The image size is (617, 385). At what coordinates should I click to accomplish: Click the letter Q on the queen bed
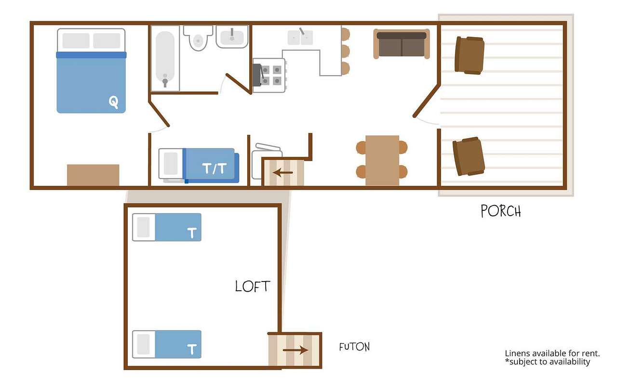coord(113,103)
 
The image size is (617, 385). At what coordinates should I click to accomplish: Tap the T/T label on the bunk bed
coord(215,168)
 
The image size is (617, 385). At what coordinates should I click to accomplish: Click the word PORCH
coord(501,211)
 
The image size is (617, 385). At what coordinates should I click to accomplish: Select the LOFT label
coord(253,286)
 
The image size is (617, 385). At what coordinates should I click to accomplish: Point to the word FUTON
coord(354,347)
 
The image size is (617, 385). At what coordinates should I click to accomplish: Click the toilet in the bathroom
coord(198,38)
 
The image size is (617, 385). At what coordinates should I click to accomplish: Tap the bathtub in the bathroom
coord(165,59)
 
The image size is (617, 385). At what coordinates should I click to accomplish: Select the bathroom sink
coord(232,37)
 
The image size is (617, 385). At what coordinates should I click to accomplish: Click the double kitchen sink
coord(300,38)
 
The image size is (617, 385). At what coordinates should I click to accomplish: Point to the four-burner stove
coord(269,76)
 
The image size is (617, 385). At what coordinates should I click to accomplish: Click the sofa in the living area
coord(402,44)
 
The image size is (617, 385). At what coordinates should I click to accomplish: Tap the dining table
coord(382,160)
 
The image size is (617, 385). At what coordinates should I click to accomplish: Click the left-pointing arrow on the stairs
coord(283,173)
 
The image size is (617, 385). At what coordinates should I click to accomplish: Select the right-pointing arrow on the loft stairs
coord(295,350)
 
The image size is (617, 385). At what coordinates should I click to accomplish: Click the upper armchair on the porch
coord(469,55)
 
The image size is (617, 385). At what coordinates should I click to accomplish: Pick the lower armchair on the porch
coord(469,156)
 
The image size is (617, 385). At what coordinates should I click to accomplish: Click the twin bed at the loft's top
coord(167,227)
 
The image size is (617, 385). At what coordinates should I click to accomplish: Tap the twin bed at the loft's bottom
coord(167,344)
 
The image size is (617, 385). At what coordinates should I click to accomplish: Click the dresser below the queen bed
coord(93,175)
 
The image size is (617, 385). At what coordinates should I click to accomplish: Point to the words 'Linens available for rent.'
coord(552,353)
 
